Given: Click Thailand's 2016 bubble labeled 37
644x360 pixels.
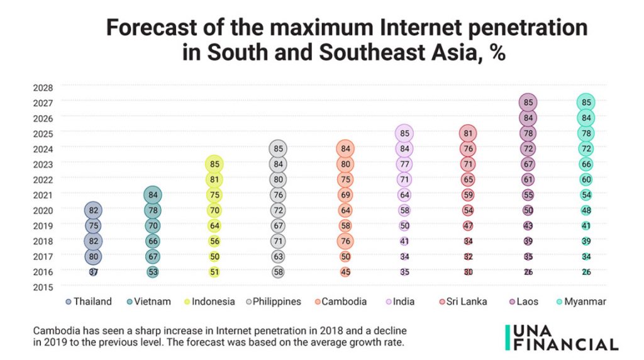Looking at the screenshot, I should pos(94,272).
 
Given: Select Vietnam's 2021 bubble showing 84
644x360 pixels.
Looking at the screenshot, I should pos(153,194).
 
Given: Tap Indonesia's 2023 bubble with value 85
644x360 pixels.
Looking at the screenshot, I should pos(214,164).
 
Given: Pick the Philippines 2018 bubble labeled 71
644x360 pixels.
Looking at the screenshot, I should pos(279,240).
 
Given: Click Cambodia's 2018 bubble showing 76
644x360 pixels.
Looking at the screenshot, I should pos(345,240).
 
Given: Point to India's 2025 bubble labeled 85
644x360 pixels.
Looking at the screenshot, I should pos(405,133).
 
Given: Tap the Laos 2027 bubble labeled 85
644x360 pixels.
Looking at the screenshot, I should pos(528,103).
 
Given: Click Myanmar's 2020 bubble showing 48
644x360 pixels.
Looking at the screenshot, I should pos(586,210).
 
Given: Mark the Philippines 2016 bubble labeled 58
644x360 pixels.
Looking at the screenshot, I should pos(279,272).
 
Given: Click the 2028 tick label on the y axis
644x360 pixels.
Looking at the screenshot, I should pos(43,87).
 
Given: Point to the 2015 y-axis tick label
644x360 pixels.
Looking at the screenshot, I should pos(43,287).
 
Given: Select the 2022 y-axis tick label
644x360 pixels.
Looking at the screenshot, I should pos(43,179).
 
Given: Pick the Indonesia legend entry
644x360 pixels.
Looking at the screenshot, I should pos(211,301).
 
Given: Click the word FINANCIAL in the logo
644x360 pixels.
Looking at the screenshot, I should pos(566,344).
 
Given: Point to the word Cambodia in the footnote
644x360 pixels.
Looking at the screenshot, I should pos(55,330).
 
